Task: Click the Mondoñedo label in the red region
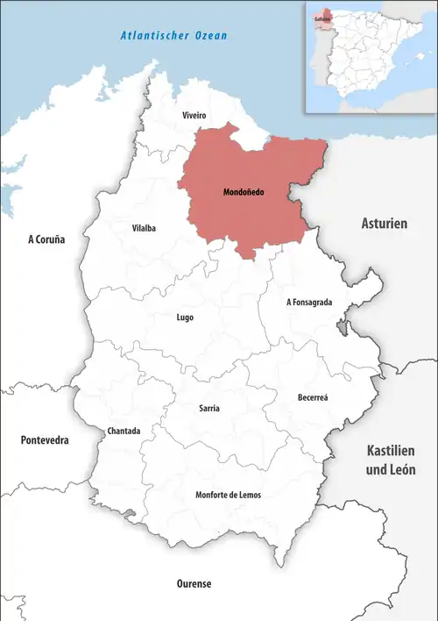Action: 244,191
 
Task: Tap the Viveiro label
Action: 194,115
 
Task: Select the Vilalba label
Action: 144,228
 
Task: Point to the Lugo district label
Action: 185,318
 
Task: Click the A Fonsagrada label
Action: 309,302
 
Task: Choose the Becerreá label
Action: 313,397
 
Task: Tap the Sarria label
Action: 209,409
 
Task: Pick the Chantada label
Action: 124,431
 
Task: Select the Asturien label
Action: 385,225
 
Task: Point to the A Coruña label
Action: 46,239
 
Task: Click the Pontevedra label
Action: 45,439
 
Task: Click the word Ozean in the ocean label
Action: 210,36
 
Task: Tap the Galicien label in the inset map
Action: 321,18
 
